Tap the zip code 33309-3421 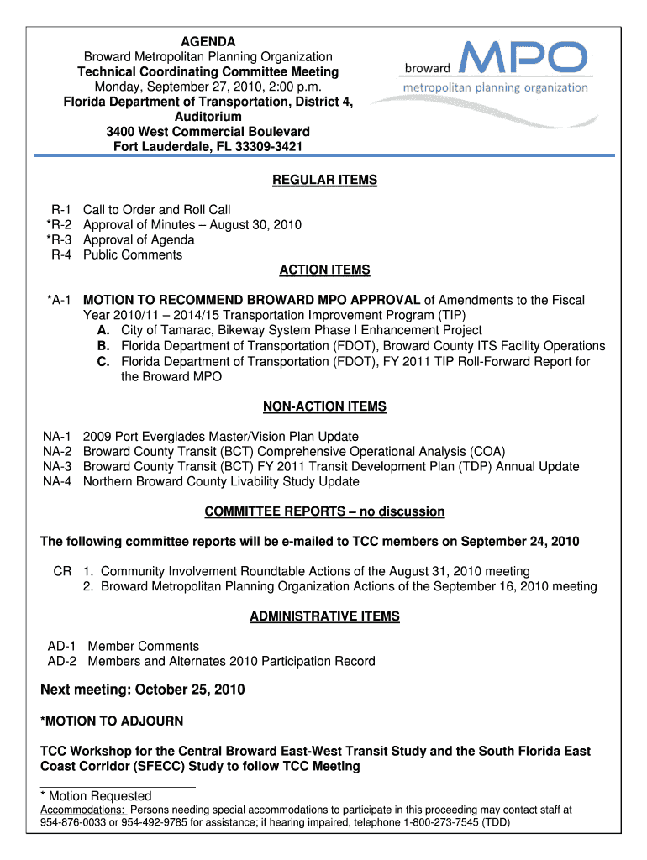261,147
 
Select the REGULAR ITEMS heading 324,180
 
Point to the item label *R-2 60,225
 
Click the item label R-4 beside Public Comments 62,255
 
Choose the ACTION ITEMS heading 324,270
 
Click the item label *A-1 60,301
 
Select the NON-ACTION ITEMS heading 324,407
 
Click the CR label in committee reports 62,572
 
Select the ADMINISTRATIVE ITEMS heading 324,617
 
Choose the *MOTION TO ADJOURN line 112,721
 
